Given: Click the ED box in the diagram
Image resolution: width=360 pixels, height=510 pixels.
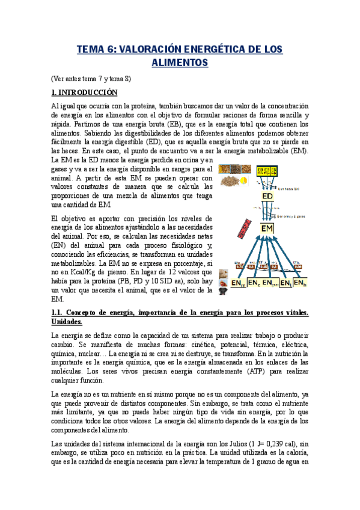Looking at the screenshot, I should pyautogui.click(x=268, y=197).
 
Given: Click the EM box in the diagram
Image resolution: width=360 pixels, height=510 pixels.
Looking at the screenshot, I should pyautogui.click(x=267, y=229).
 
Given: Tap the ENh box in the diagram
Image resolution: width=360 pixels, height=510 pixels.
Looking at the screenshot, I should pyautogui.click(x=300, y=282).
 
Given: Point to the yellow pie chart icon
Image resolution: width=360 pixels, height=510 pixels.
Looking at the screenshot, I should pyautogui.click(x=243, y=180).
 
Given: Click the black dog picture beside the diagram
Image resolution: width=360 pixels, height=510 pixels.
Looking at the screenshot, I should pyautogui.click(x=223, y=290).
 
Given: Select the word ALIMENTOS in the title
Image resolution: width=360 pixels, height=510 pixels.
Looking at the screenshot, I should pyautogui.click(x=180, y=63).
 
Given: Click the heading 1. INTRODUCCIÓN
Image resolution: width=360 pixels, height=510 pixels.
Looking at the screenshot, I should pyautogui.click(x=84, y=93).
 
